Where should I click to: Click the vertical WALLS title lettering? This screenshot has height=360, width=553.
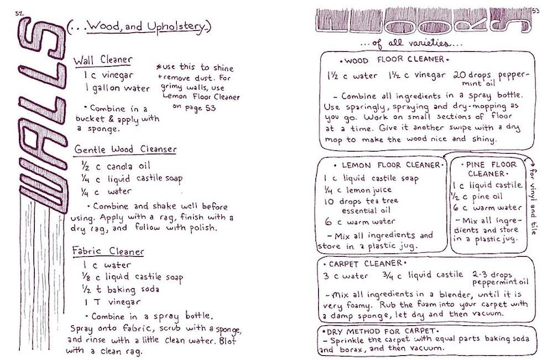click(x=40, y=116)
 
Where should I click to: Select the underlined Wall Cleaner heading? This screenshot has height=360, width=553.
click(x=103, y=60)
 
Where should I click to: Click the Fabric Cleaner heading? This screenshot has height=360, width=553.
click(x=109, y=249)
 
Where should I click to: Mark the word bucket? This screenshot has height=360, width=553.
click(x=89, y=119)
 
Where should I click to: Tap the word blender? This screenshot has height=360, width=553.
click(x=436, y=292)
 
